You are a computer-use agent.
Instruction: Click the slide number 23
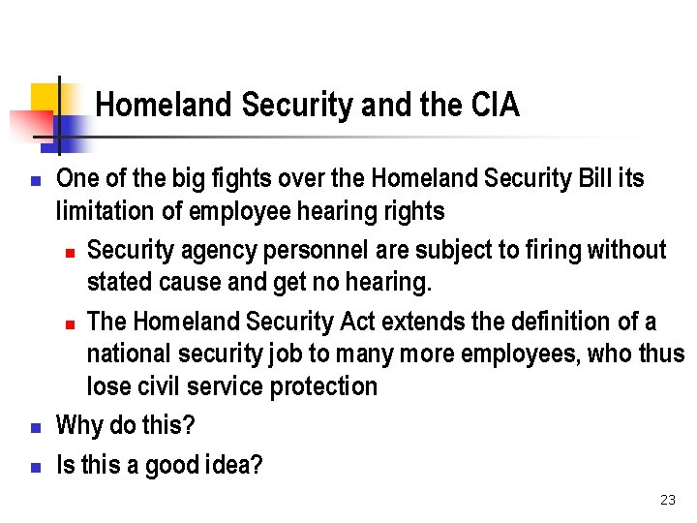click(667, 500)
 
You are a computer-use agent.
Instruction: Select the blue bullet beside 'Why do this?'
click(35, 426)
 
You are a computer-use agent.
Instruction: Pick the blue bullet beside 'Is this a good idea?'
click(35, 467)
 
